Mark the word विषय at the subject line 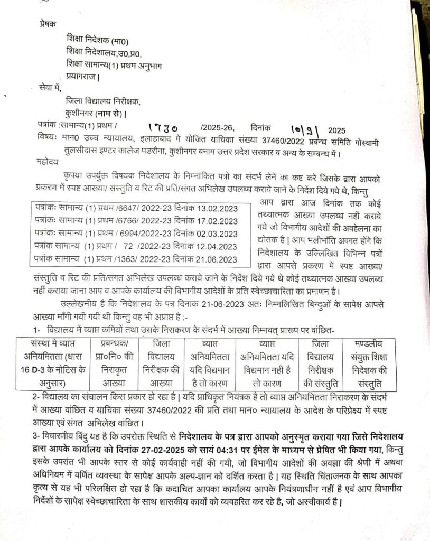47,139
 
